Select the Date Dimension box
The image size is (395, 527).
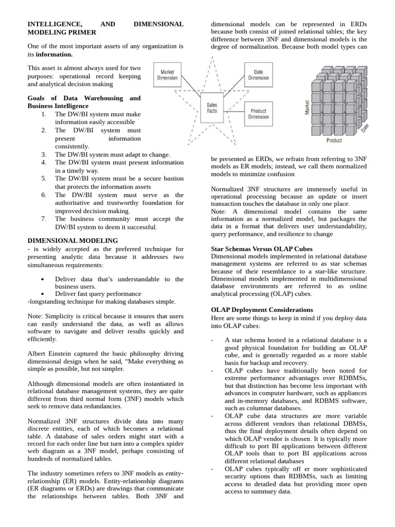pos(258,75)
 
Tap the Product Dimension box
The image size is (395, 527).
pos(258,114)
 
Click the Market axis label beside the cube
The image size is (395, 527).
pos(307,108)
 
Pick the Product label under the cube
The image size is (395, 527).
pos(334,140)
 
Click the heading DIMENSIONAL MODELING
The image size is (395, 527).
pos(73,240)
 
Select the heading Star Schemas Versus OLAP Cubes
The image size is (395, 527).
pos(262,249)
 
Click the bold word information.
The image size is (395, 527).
pos(54,54)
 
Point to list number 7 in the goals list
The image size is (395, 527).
pos(44,219)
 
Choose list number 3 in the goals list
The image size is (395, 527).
pos(44,154)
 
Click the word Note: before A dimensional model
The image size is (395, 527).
pos(219,212)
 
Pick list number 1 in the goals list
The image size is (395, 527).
pos(44,114)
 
